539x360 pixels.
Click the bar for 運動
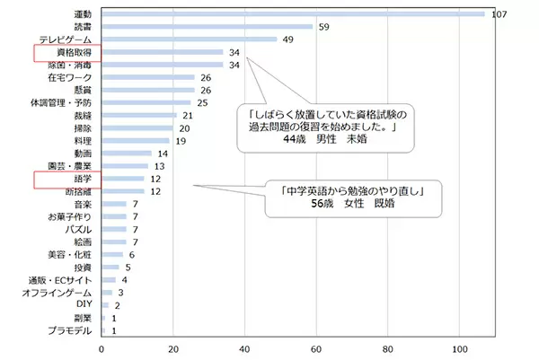(x=293, y=14)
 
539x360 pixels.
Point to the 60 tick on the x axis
(x=317, y=348)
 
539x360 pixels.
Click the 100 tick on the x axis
(x=460, y=348)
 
